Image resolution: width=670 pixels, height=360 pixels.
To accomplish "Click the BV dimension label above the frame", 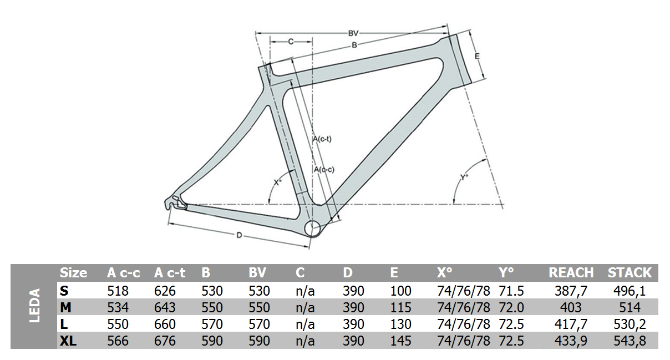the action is tap(353, 33).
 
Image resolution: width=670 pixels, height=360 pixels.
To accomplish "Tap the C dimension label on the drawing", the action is tap(291, 42).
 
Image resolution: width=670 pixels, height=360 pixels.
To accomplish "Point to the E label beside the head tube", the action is tap(477, 56).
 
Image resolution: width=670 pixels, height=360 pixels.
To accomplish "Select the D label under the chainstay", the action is tap(239, 236).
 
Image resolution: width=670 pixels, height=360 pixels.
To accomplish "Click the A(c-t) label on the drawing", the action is tap(322, 139).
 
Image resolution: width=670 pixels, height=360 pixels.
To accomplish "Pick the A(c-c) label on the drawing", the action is tap(324, 170).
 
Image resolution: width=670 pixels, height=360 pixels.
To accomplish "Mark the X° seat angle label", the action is tap(278, 182).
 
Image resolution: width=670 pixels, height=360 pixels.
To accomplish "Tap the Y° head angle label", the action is tap(464, 177).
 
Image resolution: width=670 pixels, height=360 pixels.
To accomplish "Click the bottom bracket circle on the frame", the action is tap(312, 229).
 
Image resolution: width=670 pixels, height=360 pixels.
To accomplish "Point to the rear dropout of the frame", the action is tap(175, 202).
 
